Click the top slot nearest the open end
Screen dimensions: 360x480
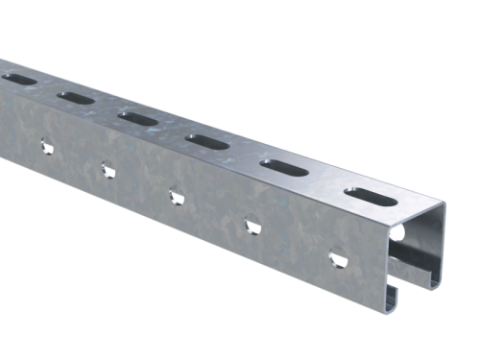point(368,194)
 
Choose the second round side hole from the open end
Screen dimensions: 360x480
point(252,227)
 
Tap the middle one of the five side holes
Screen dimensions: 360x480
point(176,197)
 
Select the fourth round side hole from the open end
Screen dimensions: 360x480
point(106,171)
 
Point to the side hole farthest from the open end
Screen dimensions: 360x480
point(43,146)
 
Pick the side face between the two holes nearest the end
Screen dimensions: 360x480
point(294,244)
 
